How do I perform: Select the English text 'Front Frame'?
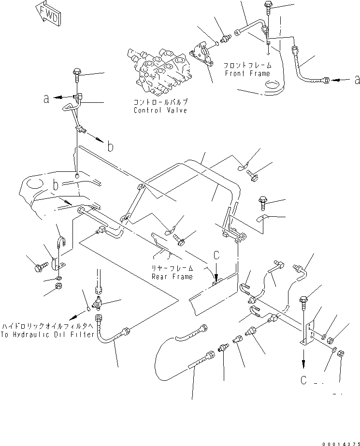[x=248, y=73]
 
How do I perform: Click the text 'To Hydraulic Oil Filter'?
[x=47, y=335]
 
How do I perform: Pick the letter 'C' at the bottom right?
[x=303, y=380]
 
